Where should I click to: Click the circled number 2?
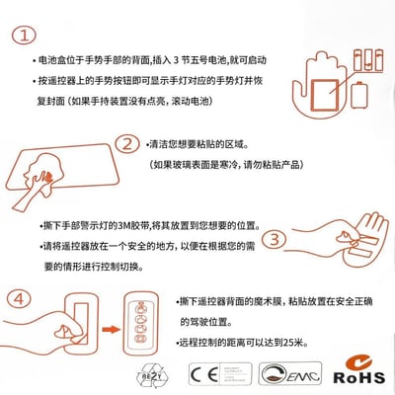125,145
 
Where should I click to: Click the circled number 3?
276,240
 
